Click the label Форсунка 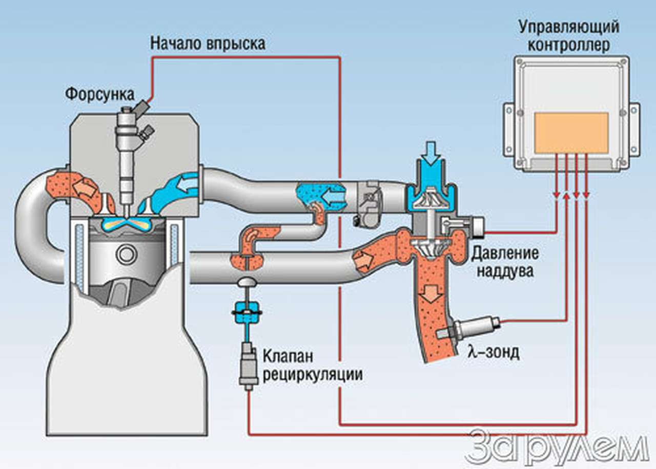(x=100, y=94)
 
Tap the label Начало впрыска (x=208, y=44)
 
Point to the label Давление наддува (x=505, y=262)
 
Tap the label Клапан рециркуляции (x=313, y=365)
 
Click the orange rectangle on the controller (x=571, y=133)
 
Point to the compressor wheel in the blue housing (x=431, y=198)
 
